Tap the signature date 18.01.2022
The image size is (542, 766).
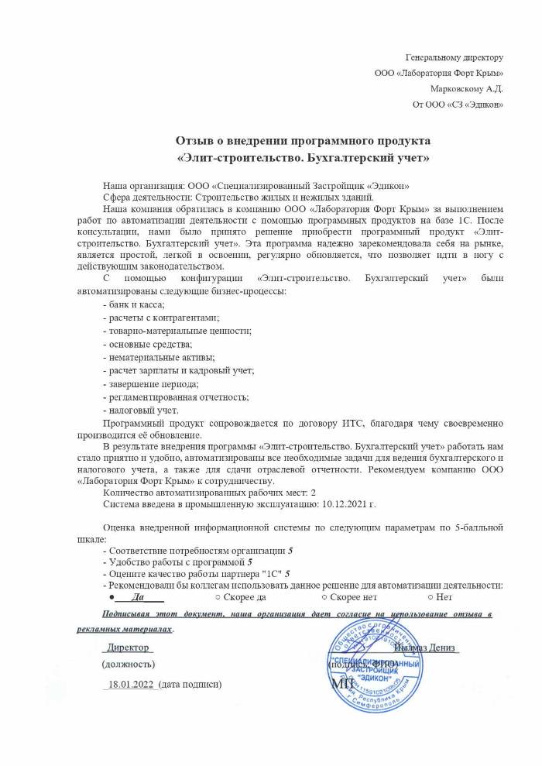tap(130, 685)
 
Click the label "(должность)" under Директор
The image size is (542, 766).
tap(129, 665)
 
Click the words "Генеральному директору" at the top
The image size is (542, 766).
tap(455, 57)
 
